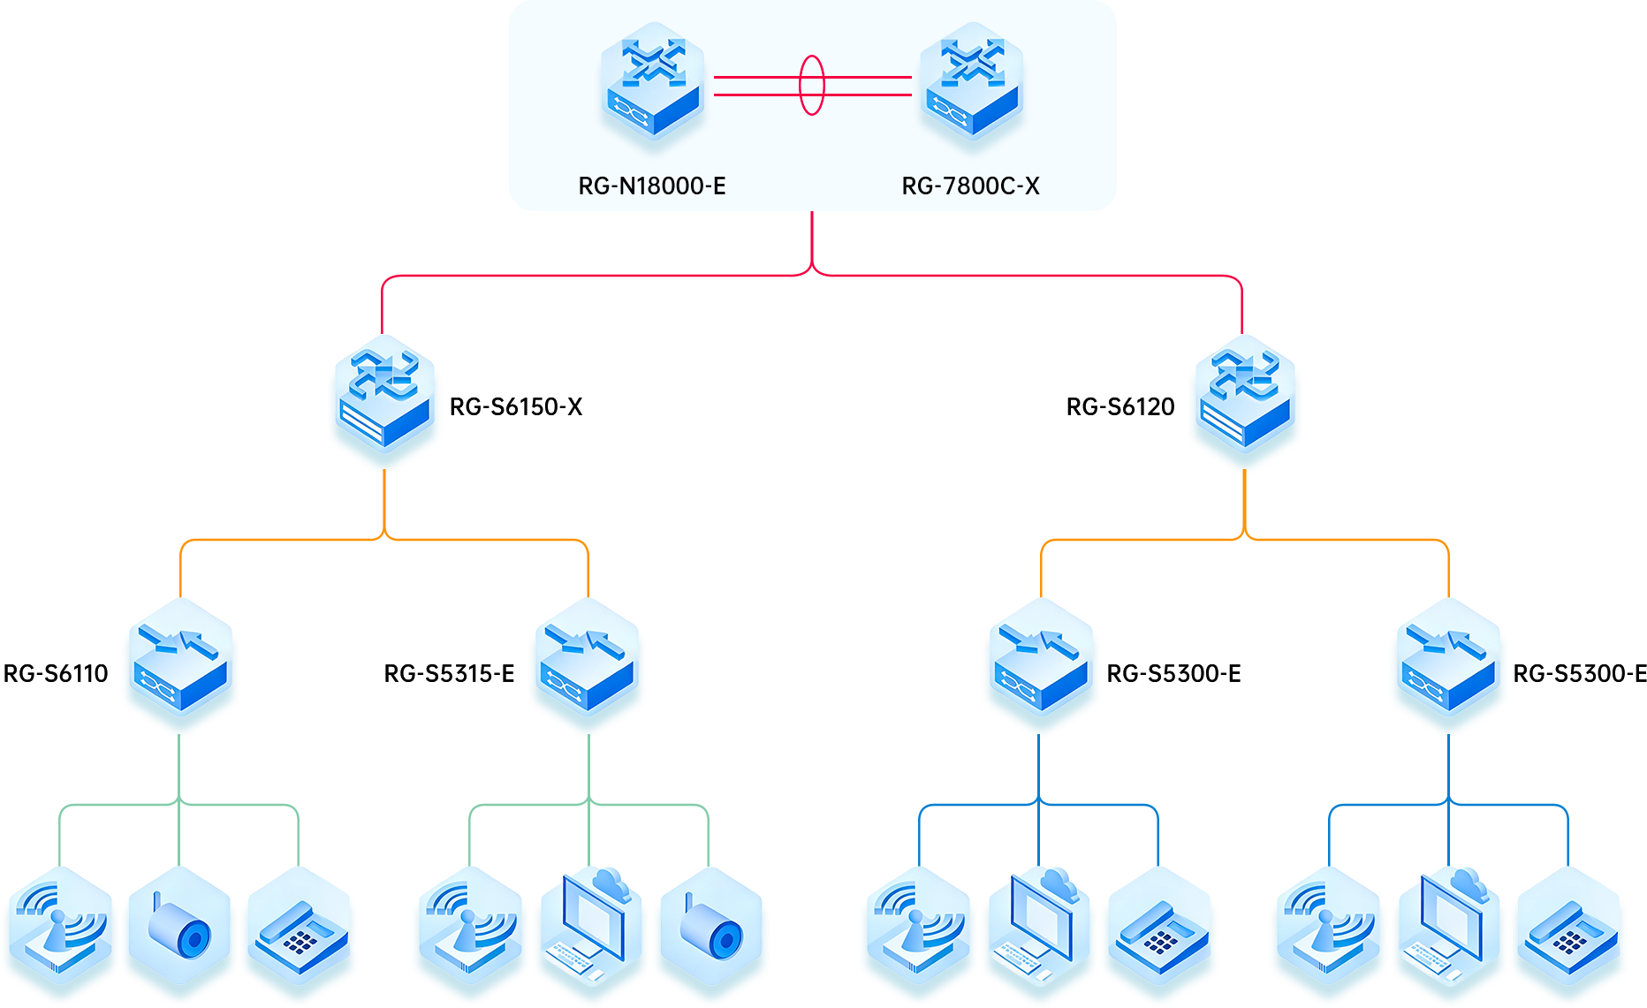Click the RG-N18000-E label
[x=652, y=186]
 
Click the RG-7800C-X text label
[x=970, y=186]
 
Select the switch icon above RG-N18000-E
[x=652, y=87]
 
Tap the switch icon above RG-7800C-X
[x=970, y=87]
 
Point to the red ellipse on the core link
[x=811, y=85]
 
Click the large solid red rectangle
[x=812, y=271]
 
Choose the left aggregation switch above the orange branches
[x=384, y=402]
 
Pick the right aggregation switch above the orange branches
[x=1245, y=402]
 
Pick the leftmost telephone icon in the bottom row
[x=299, y=928]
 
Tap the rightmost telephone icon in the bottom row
[x=1567, y=928]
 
